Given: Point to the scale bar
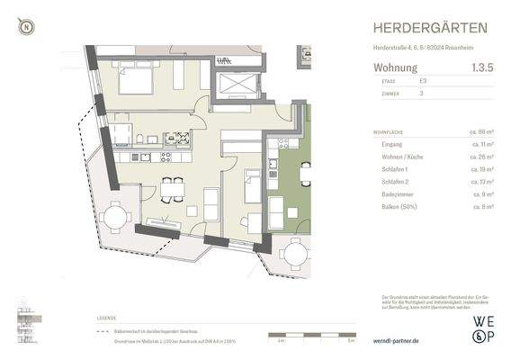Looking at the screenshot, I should [309, 337].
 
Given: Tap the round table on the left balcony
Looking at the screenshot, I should [115, 218].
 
